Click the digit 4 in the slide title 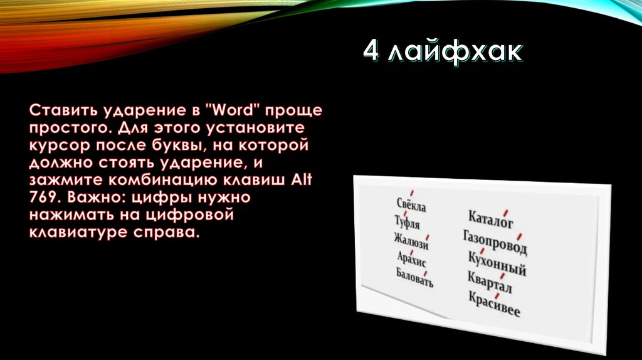(x=371, y=53)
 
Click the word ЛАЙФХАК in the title (x=455, y=53)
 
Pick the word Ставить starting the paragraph (x=60, y=111)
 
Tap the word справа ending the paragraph (x=166, y=233)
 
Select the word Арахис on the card (x=411, y=258)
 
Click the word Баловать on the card (x=414, y=277)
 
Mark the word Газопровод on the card (x=495, y=241)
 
